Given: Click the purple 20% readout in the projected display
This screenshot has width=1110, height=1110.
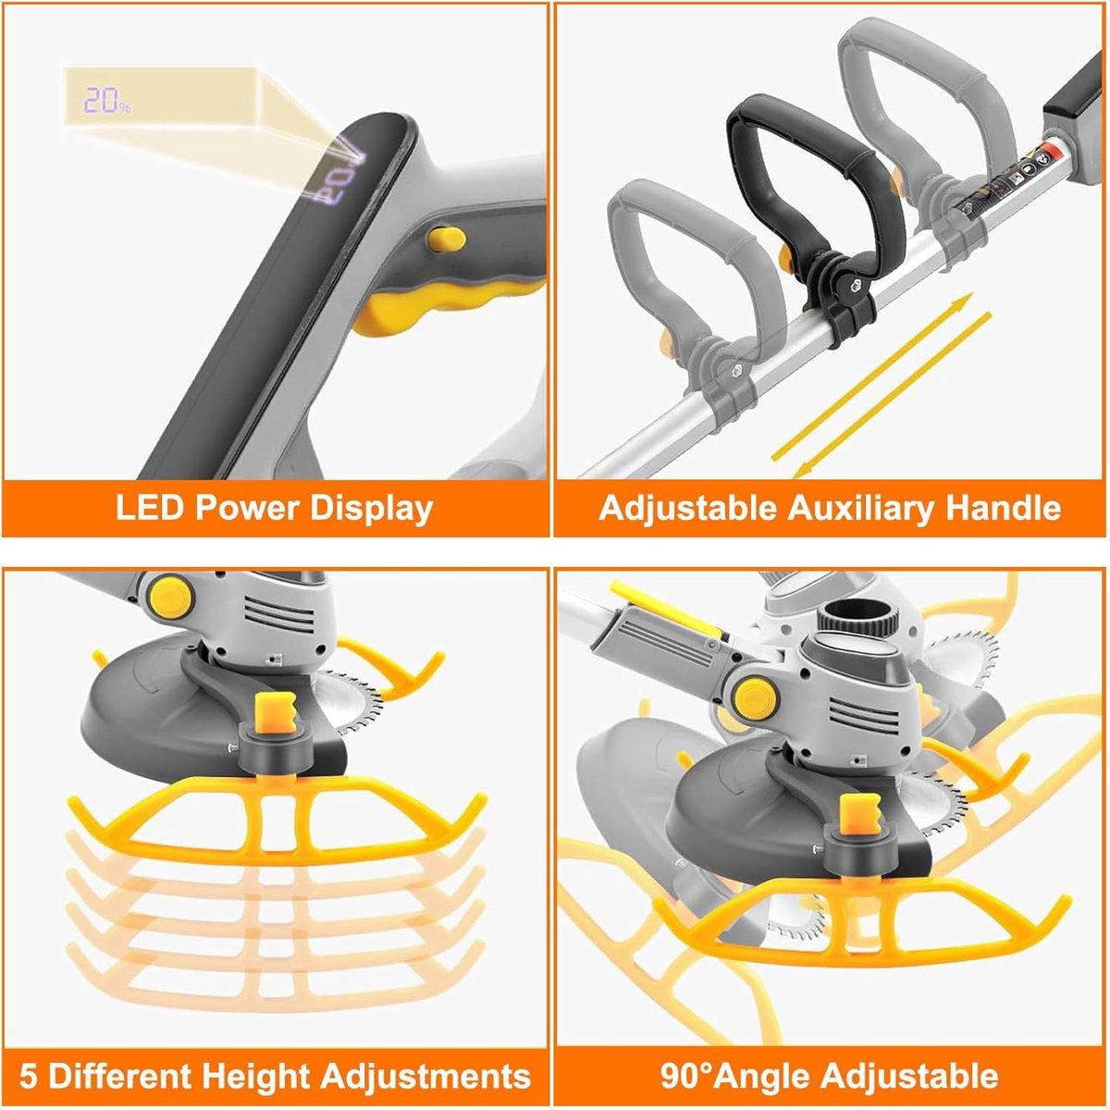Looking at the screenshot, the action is (106, 100).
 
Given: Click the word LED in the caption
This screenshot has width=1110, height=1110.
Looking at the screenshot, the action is (148, 508).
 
